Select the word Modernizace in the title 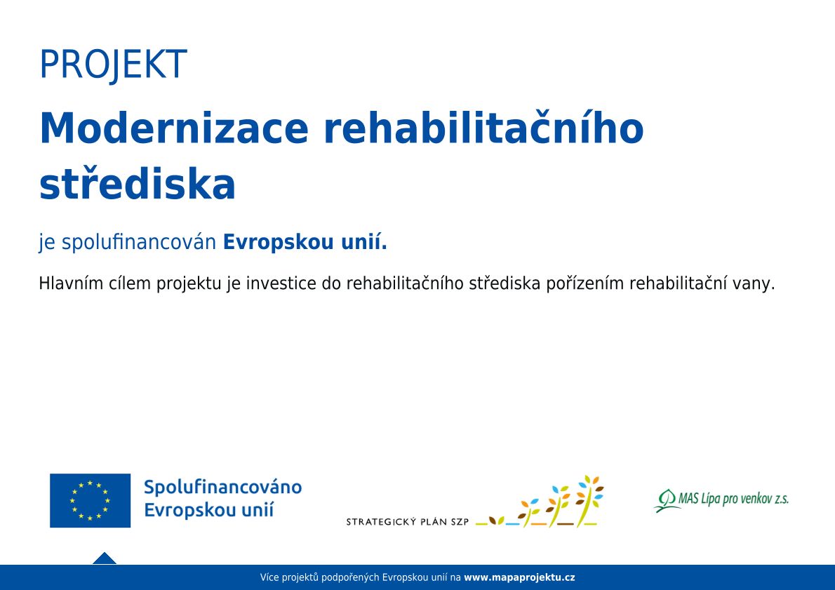point(174,128)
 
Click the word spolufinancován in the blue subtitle point(139,242)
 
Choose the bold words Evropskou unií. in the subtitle point(305,241)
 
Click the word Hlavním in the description point(71,283)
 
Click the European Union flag point(90,500)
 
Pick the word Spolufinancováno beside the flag point(222,488)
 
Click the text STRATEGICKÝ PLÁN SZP point(408,522)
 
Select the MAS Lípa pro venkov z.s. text point(733,499)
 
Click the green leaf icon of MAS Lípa point(666,500)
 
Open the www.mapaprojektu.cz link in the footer point(519,577)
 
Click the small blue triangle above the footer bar point(105,558)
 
